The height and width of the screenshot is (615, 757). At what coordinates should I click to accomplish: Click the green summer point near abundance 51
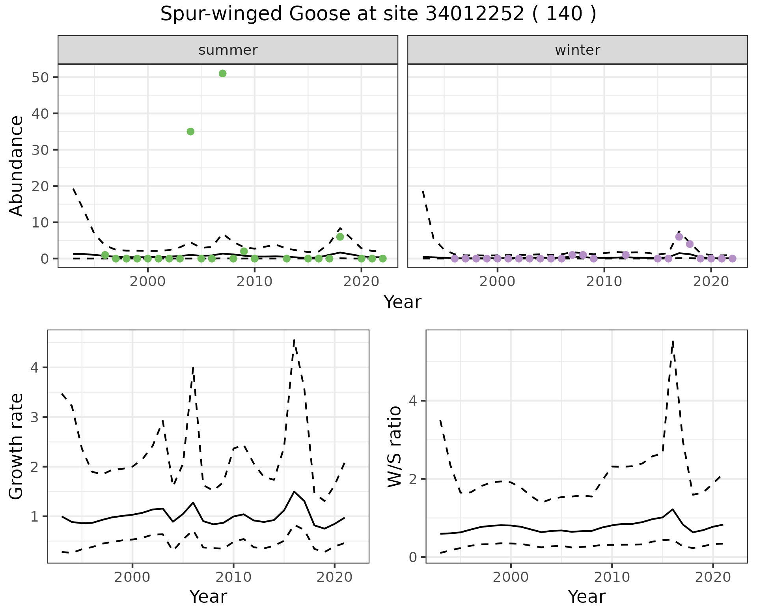[222, 74]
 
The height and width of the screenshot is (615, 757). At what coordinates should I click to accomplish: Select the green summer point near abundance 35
[190, 132]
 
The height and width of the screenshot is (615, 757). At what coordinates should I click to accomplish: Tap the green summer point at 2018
[340, 237]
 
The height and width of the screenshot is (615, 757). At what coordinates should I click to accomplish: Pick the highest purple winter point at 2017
[679, 237]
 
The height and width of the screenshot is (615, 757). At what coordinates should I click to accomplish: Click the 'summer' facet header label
[228, 50]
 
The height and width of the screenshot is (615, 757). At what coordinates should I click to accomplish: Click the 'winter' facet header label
[578, 50]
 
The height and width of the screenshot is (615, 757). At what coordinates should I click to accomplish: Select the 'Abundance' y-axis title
[17, 166]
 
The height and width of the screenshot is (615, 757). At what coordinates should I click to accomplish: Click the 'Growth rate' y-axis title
[17, 447]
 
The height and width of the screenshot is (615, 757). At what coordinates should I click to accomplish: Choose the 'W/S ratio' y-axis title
[395, 447]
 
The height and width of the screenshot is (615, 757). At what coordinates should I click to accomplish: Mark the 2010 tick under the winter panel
[604, 281]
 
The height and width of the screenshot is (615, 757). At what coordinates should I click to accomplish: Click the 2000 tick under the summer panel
[148, 281]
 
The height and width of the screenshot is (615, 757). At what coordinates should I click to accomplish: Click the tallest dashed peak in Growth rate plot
[294, 339]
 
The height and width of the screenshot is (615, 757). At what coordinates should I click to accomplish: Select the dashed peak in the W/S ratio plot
[673, 341]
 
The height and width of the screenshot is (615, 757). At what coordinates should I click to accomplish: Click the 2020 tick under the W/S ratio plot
[713, 577]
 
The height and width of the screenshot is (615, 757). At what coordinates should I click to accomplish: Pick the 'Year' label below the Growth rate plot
[208, 596]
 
